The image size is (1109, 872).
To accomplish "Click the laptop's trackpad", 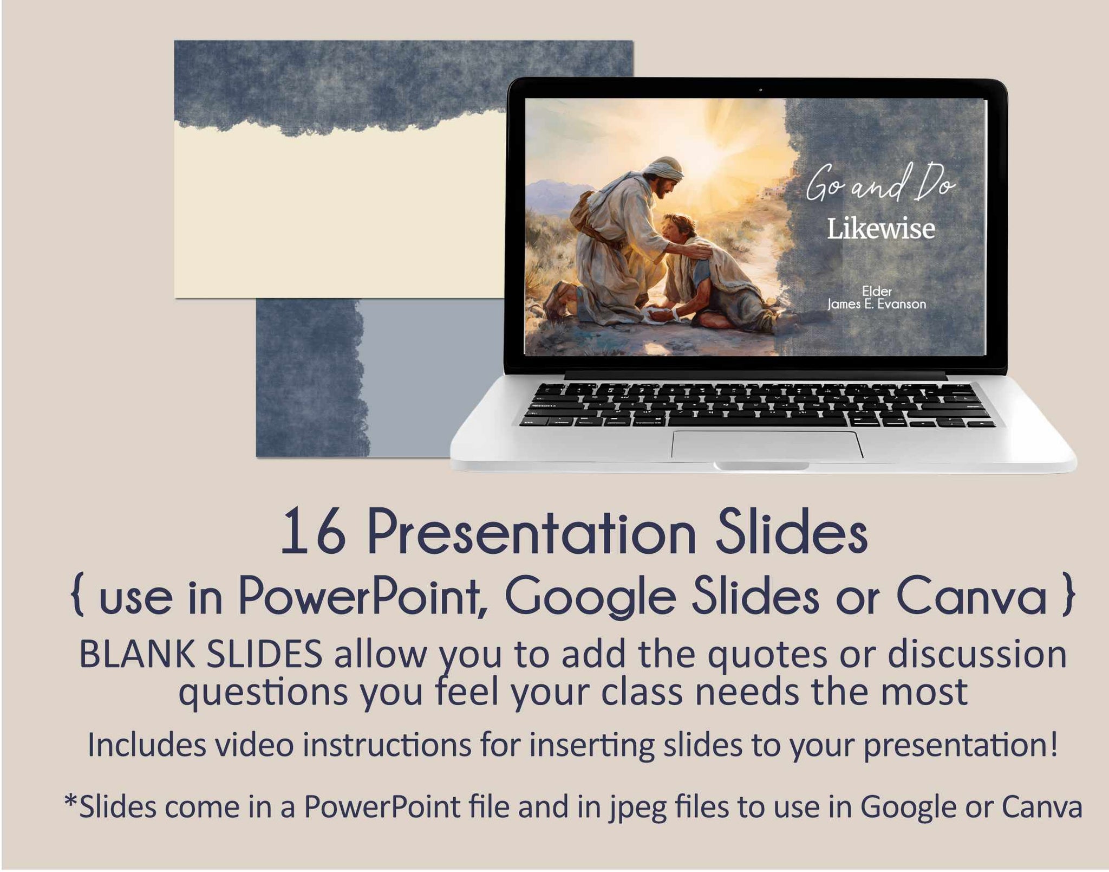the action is (x=767, y=444).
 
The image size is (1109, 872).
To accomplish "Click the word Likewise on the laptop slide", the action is (x=880, y=229).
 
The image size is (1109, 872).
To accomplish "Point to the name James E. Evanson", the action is (x=877, y=304).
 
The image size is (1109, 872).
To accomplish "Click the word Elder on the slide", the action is (x=877, y=292).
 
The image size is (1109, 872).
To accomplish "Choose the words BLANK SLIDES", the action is (x=201, y=654).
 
